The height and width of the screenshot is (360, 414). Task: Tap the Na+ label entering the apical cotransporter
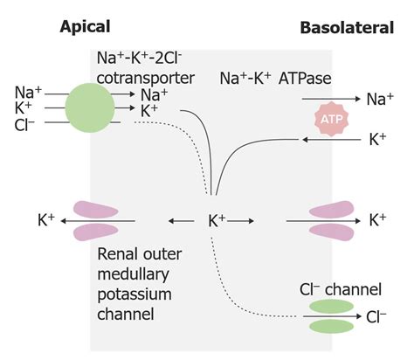click(27, 92)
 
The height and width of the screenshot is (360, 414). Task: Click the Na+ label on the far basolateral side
click(380, 100)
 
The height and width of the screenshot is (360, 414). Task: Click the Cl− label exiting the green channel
click(377, 316)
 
